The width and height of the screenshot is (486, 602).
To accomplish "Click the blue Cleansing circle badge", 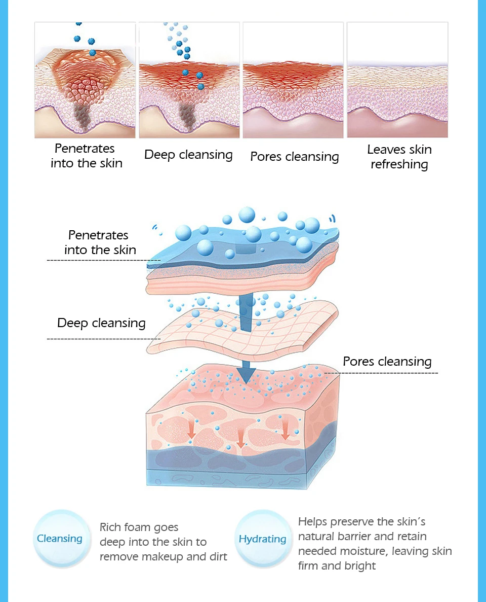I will [x=60, y=539].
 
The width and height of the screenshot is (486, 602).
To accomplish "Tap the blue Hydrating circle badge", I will [x=262, y=539].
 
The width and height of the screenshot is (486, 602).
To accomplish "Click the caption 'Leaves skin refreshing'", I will [x=399, y=157].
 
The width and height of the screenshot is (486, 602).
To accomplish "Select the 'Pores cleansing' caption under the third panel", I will [x=294, y=156].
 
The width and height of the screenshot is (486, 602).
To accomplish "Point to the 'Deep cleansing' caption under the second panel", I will [x=188, y=155].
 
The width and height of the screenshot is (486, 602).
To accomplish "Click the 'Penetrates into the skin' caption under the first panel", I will [x=86, y=156].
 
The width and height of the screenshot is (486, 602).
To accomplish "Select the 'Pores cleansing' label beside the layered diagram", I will [x=387, y=362].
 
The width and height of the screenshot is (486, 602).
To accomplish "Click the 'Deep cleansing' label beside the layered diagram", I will [x=101, y=323].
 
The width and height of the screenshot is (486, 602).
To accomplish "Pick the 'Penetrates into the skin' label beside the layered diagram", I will [x=100, y=242].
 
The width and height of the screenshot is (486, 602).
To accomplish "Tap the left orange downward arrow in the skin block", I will [x=191, y=430].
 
